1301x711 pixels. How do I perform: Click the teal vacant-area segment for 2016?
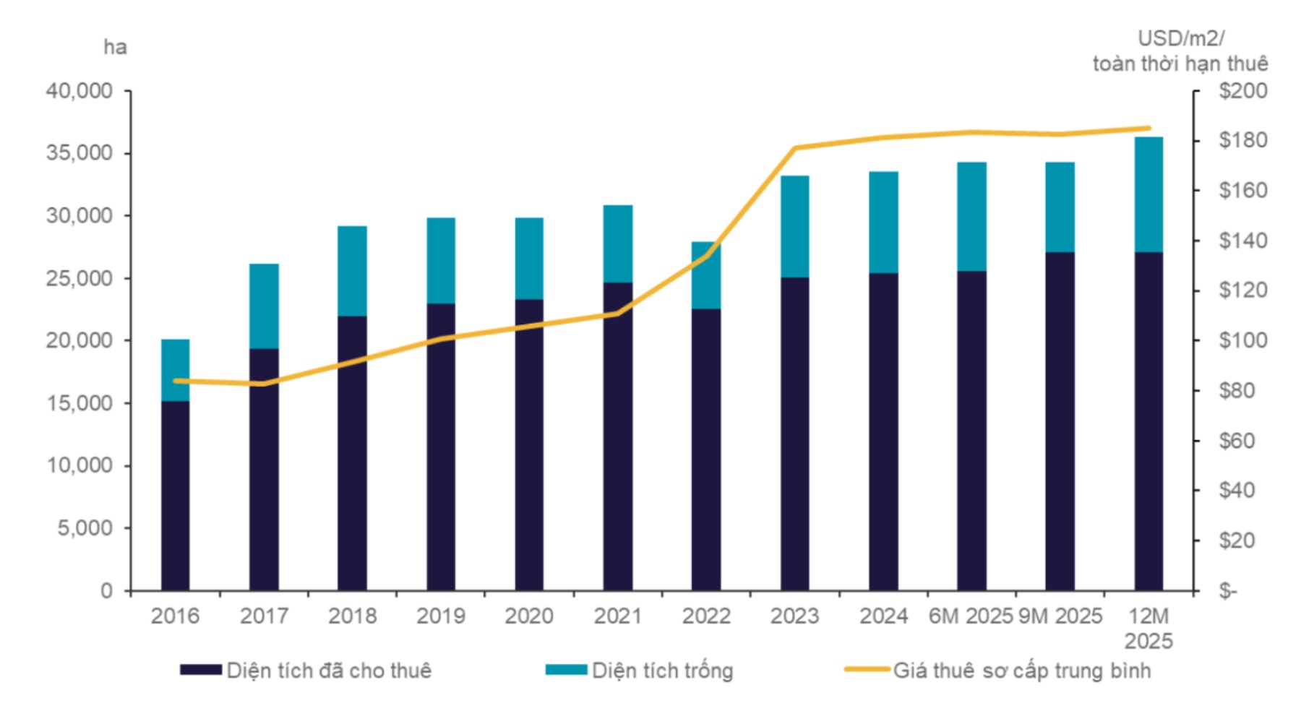pyautogui.click(x=175, y=369)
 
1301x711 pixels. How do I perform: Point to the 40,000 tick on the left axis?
pyautogui.click(x=80, y=91)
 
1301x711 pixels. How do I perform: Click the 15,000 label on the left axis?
pyautogui.click(x=80, y=403)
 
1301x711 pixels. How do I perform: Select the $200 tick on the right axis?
pyautogui.click(x=1242, y=91)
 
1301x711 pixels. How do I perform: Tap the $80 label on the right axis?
pyautogui.click(x=1238, y=390)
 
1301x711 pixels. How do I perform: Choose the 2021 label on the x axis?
pyautogui.click(x=617, y=616)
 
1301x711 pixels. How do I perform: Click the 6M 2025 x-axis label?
pyautogui.click(x=971, y=616)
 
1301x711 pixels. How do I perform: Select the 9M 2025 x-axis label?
pyautogui.click(x=1060, y=616)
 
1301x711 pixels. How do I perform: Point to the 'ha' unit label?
pyautogui.click(x=115, y=48)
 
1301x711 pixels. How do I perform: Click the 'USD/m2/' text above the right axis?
pyautogui.click(x=1180, y=38)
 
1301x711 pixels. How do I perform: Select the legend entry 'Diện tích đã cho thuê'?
pyautogui.click(x=329, y=671)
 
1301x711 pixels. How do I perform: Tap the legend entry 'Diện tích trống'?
pyautogui.click(x=662, y=671)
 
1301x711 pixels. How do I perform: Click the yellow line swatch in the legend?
pyautogui.click(x=867, y=670)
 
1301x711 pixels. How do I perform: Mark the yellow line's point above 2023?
pyautogui.click(x=795, y=148)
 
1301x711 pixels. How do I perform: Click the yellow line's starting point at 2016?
pyautogui.click(x=175, y=381)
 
